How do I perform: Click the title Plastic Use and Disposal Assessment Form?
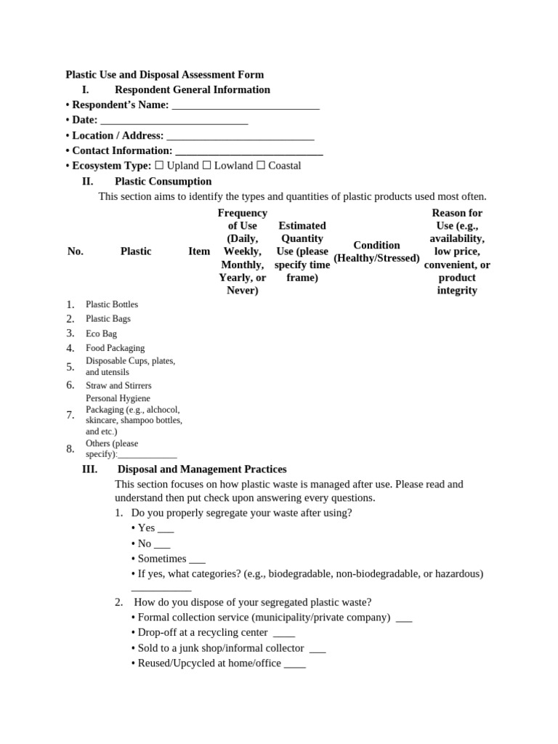[164, 74]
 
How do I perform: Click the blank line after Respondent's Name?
[245, 105]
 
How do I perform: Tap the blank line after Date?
[174, 121]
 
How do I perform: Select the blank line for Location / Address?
[240, 136]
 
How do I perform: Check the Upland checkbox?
[159, 166]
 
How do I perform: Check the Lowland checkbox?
[206, 166]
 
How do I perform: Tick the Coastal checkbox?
[261, 166]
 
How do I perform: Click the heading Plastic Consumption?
[163, 181]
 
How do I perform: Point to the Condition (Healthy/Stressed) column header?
[376, 251]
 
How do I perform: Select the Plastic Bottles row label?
[111, 304]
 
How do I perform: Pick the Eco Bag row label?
[101, 333]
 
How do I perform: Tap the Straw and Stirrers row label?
[118, 385]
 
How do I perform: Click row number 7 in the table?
[70, 415]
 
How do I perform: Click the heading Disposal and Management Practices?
[201, 469]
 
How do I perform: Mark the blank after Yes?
[165, 530]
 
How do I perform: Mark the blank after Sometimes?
[196, 560]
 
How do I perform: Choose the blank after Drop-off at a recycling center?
[283, 634]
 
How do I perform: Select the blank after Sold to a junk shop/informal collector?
[317, 649]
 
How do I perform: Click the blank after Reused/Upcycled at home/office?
[294, 664]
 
